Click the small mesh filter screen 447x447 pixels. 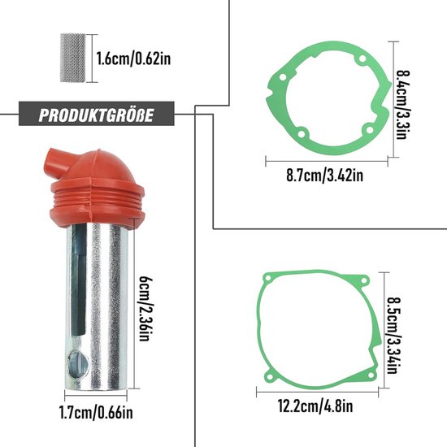point(72,59)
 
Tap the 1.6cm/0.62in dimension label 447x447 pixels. point(133,59)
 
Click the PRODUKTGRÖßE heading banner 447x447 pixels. point(97,114)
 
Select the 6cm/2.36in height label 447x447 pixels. point(145,309)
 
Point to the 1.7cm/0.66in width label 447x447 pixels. point(96,413)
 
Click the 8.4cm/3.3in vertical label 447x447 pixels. point(402,105)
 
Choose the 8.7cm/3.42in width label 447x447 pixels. point(325,175)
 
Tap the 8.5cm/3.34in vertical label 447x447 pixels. point(393,336)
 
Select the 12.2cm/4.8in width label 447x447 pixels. point(315,406)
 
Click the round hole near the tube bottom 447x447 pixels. point(77,364)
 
